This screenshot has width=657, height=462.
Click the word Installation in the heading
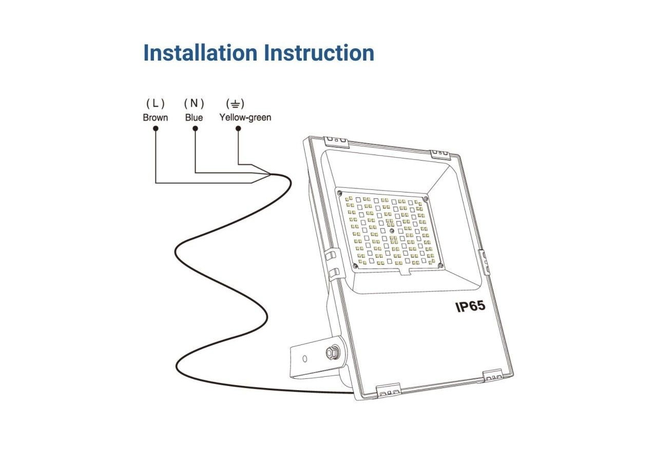click(x=200, y=53)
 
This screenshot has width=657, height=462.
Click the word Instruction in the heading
click(x=319, y=53)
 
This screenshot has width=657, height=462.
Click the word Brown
click(x=156, y=118)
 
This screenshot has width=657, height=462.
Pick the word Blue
click(x=194, y=118)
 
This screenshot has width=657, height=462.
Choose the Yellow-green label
click(x=245, y=118)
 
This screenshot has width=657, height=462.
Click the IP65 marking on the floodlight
click(x=470, y=306)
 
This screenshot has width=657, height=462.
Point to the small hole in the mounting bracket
click(x=305, y=358)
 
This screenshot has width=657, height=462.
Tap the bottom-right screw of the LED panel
click(x=441, y=264)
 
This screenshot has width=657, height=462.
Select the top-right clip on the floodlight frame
click(x=440, y=153)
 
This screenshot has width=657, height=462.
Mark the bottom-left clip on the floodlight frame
click(x=389, y=390)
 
